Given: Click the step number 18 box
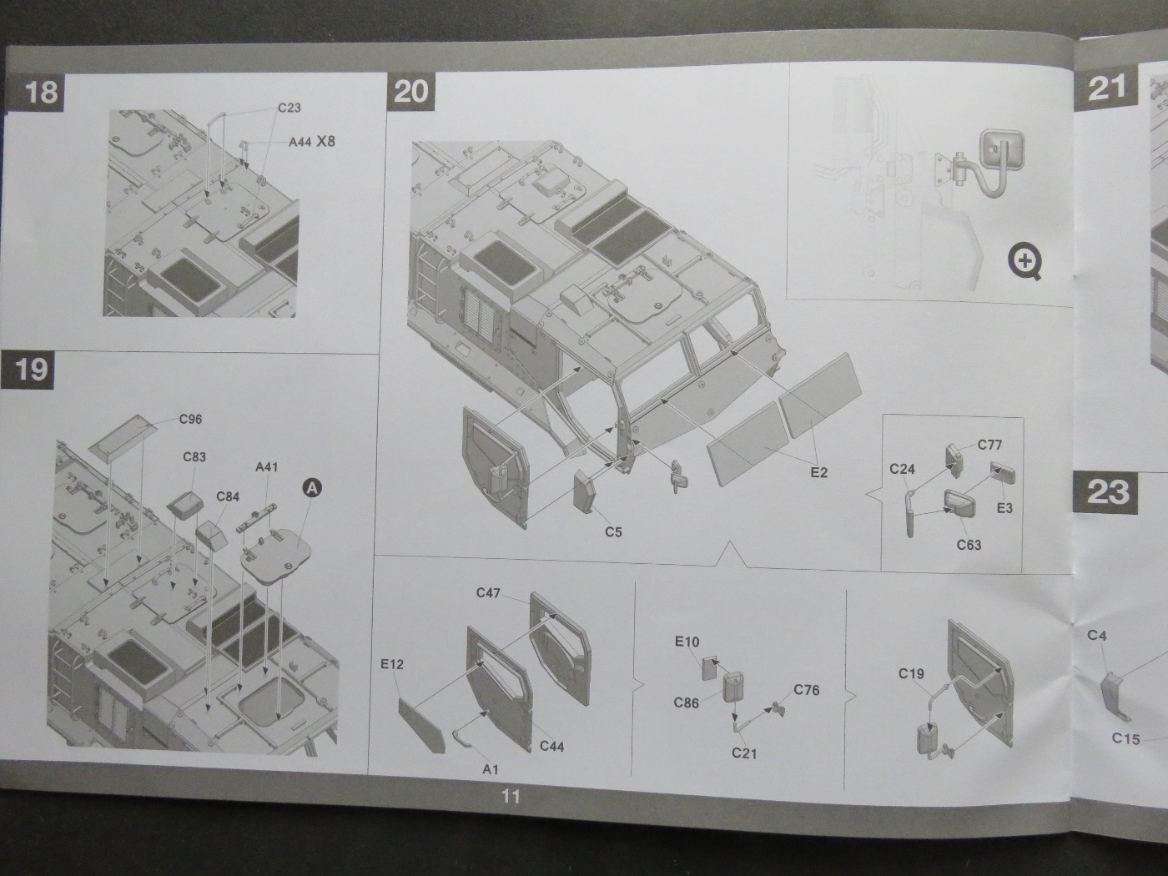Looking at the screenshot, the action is [41, 90].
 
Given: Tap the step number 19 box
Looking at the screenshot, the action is [31, 369].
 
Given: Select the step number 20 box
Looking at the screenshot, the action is [410, 90].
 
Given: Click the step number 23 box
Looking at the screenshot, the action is [1107, 491].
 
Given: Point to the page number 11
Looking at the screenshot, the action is [511, 796].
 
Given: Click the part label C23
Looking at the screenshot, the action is [289, 108].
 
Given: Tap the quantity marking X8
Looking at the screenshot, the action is [325, 141].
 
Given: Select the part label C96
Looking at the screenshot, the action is [190, 419].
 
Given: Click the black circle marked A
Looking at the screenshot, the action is [311, 487].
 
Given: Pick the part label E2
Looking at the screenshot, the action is [818, 472].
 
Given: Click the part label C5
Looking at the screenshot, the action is [613, 531].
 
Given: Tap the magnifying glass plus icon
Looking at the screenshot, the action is [1025, 262].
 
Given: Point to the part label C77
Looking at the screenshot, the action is [989, 445].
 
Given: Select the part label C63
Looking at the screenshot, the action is [969, 545].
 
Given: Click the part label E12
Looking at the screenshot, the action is [391, 664].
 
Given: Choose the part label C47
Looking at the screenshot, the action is [488, 592].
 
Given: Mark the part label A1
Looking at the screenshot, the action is [490, 769].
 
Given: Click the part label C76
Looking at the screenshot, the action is [806, 689].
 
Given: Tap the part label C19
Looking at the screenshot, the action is [911, 673].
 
